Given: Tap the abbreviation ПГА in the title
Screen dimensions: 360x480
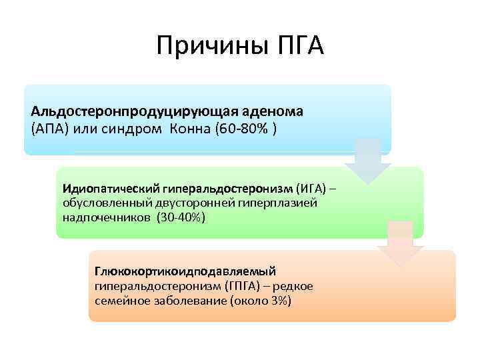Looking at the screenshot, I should point(297,47).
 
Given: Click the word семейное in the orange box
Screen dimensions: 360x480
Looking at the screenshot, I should point(121,301).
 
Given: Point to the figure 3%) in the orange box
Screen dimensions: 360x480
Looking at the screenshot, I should point(279,301).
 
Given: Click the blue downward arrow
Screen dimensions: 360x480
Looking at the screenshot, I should point(367,161).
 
